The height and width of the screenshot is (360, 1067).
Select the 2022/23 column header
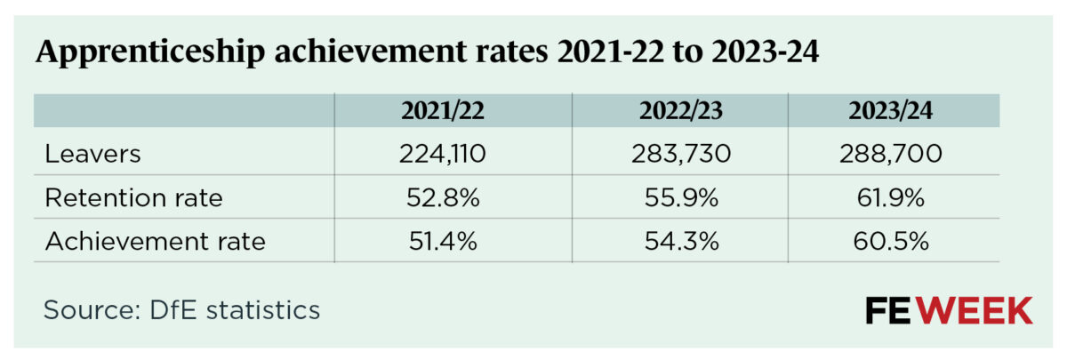678,111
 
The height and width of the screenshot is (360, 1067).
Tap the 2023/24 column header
895,111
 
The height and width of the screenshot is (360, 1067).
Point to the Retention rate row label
133,197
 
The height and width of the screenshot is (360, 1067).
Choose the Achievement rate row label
155,240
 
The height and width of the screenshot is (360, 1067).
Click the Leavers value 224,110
441,154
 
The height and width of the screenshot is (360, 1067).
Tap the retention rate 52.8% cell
441,197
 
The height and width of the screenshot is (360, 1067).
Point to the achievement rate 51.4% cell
441,240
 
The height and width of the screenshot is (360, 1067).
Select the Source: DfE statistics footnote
181,310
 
